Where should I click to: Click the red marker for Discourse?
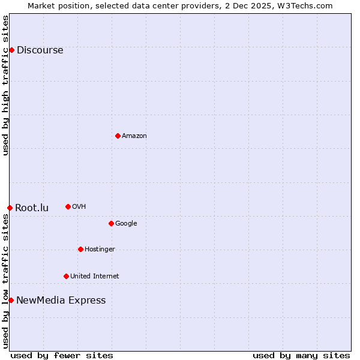[x=11, y=50]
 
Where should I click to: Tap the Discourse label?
[x=40, y=50]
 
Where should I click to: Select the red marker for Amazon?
[x=118, y=136]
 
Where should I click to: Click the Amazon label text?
[x=134, y=136]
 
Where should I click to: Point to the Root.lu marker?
[x=10, y=208]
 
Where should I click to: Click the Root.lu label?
[x=32, y=208]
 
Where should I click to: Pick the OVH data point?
[x=68, y=206]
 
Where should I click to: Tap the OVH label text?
[x=79, y=207]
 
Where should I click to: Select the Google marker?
[x=111, y=223]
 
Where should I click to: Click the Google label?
[x=126, y=224]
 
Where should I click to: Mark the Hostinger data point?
[x=80, y=249]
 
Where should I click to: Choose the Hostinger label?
[x=100, y=250]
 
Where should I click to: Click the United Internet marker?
[x=66, y=276]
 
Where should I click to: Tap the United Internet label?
[x=94, y=277]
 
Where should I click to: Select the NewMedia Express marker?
[x=11, y=300]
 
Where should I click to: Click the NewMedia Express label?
[x=61, y=301]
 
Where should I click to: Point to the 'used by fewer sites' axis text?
[x=62, y=355]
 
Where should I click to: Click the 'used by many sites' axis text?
[x=301, y=355]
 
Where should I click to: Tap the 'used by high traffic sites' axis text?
[x=6, y=85]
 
